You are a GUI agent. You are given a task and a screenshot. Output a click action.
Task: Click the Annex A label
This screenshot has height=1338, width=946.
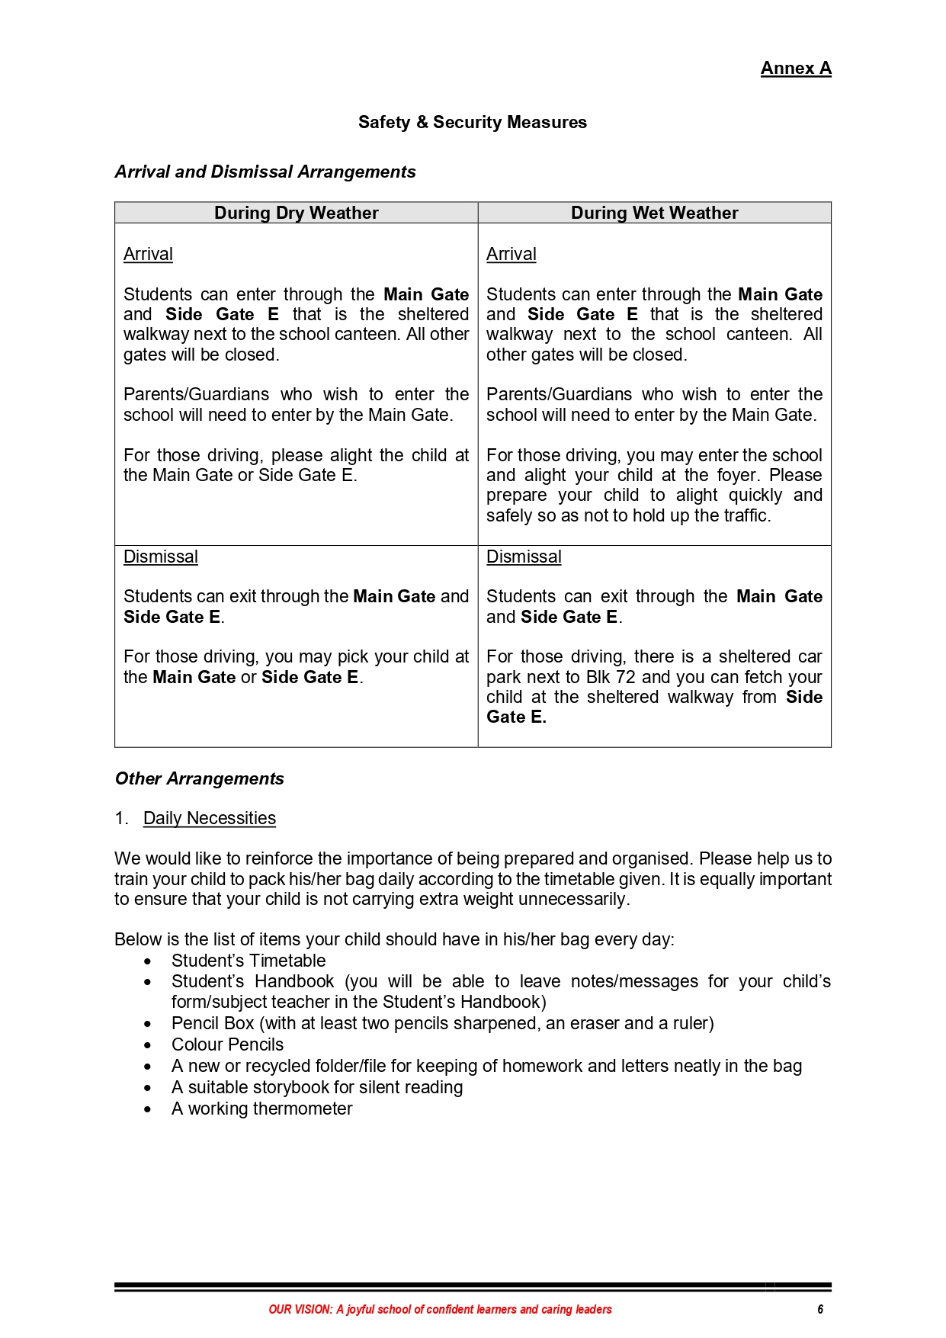(795, 69)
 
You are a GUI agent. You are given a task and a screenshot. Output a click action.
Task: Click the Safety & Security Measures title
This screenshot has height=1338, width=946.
(473, 122)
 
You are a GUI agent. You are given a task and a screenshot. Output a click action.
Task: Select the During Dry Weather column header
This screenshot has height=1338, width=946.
(296, 213)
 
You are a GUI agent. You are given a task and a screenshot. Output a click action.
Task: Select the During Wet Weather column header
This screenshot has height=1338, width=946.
(654, 213)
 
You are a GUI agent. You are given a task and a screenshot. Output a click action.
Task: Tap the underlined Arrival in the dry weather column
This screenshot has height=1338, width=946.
(148, 254)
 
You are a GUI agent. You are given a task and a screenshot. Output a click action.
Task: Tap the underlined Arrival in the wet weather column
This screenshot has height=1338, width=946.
(511, 254)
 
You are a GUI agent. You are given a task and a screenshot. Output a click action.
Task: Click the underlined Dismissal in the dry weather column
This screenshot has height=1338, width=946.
(160, 557)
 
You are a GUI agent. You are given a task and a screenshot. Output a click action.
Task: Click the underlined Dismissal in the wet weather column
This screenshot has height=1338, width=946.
(524, 557)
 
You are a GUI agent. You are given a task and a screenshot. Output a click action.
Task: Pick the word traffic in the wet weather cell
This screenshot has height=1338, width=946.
(746, 515)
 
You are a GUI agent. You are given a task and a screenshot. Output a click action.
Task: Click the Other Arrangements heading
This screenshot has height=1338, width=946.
(199, 778)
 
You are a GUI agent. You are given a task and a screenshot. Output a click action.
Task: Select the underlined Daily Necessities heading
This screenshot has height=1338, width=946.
(209, 818)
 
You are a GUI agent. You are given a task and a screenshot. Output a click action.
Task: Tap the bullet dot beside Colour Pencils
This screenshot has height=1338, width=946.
(148, 1045)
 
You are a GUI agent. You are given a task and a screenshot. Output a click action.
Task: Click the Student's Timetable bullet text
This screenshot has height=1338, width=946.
(248, 961)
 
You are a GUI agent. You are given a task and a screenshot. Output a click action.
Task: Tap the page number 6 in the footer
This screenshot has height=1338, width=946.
(820, 1309)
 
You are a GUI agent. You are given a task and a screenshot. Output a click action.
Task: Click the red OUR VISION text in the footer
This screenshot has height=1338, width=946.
(300, 1309)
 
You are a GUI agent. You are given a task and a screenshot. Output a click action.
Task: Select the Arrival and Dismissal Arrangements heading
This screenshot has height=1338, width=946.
(265, 172)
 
